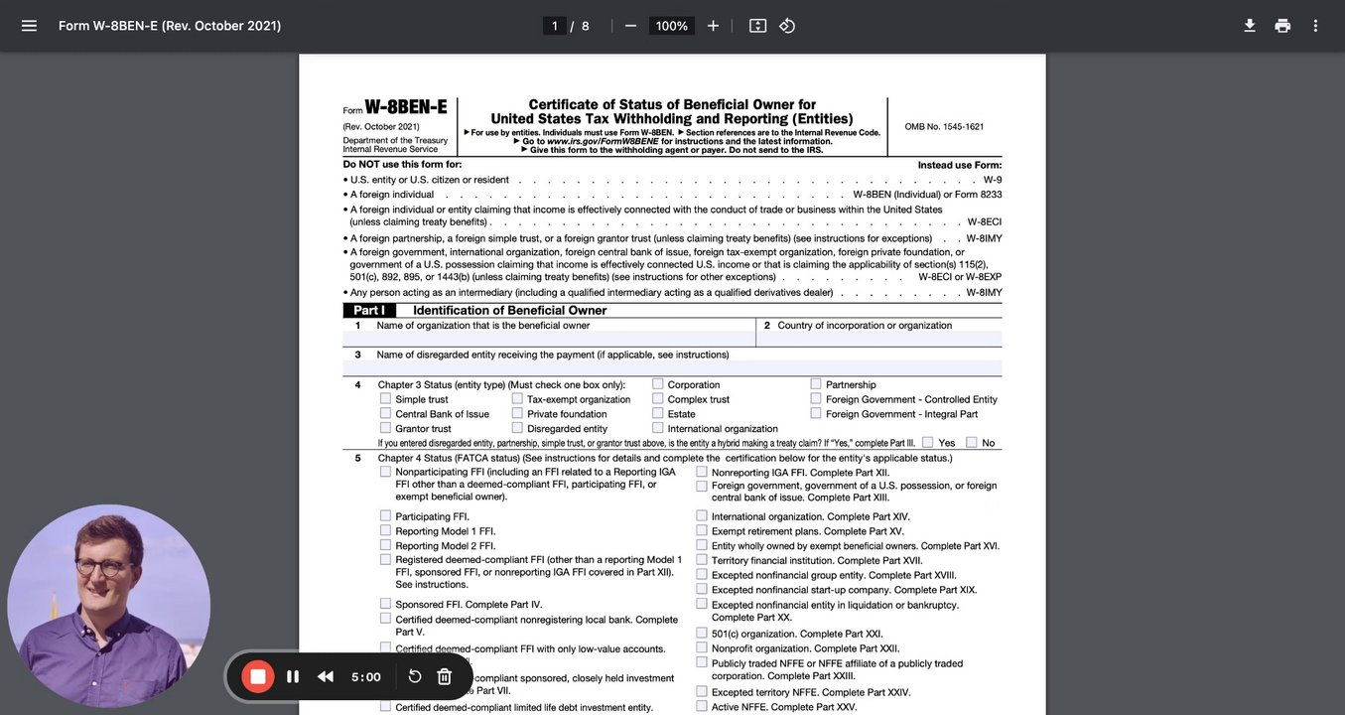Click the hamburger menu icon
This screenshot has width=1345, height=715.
coord(29,26)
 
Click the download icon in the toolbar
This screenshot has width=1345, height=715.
coord(1250,26)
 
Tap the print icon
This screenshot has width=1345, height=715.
coord(1282,26)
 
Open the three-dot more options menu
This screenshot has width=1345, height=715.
coord(1315,26)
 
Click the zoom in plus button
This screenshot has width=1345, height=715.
coord(713,26)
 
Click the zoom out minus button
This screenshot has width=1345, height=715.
coord(630,26)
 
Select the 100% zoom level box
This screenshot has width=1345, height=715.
coord(672,26)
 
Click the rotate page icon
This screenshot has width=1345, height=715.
coord(787,26)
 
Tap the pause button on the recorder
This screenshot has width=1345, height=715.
coord(293,676)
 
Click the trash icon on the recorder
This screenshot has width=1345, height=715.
coord(445,676)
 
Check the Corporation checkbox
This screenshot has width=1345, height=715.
coord(658,383)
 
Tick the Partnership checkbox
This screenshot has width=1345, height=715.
coord(816,383)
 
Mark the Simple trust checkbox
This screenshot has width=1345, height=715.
coord(385,398)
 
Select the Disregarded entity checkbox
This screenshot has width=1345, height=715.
coord(517,428)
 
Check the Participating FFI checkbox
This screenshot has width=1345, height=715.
coord(385,515)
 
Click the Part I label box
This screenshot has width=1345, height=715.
coord(369,310)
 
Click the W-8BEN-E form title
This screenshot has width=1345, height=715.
coord(406,107)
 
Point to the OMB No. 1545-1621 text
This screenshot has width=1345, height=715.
coord(944,127)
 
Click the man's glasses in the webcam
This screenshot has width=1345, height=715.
coord(103,567)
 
